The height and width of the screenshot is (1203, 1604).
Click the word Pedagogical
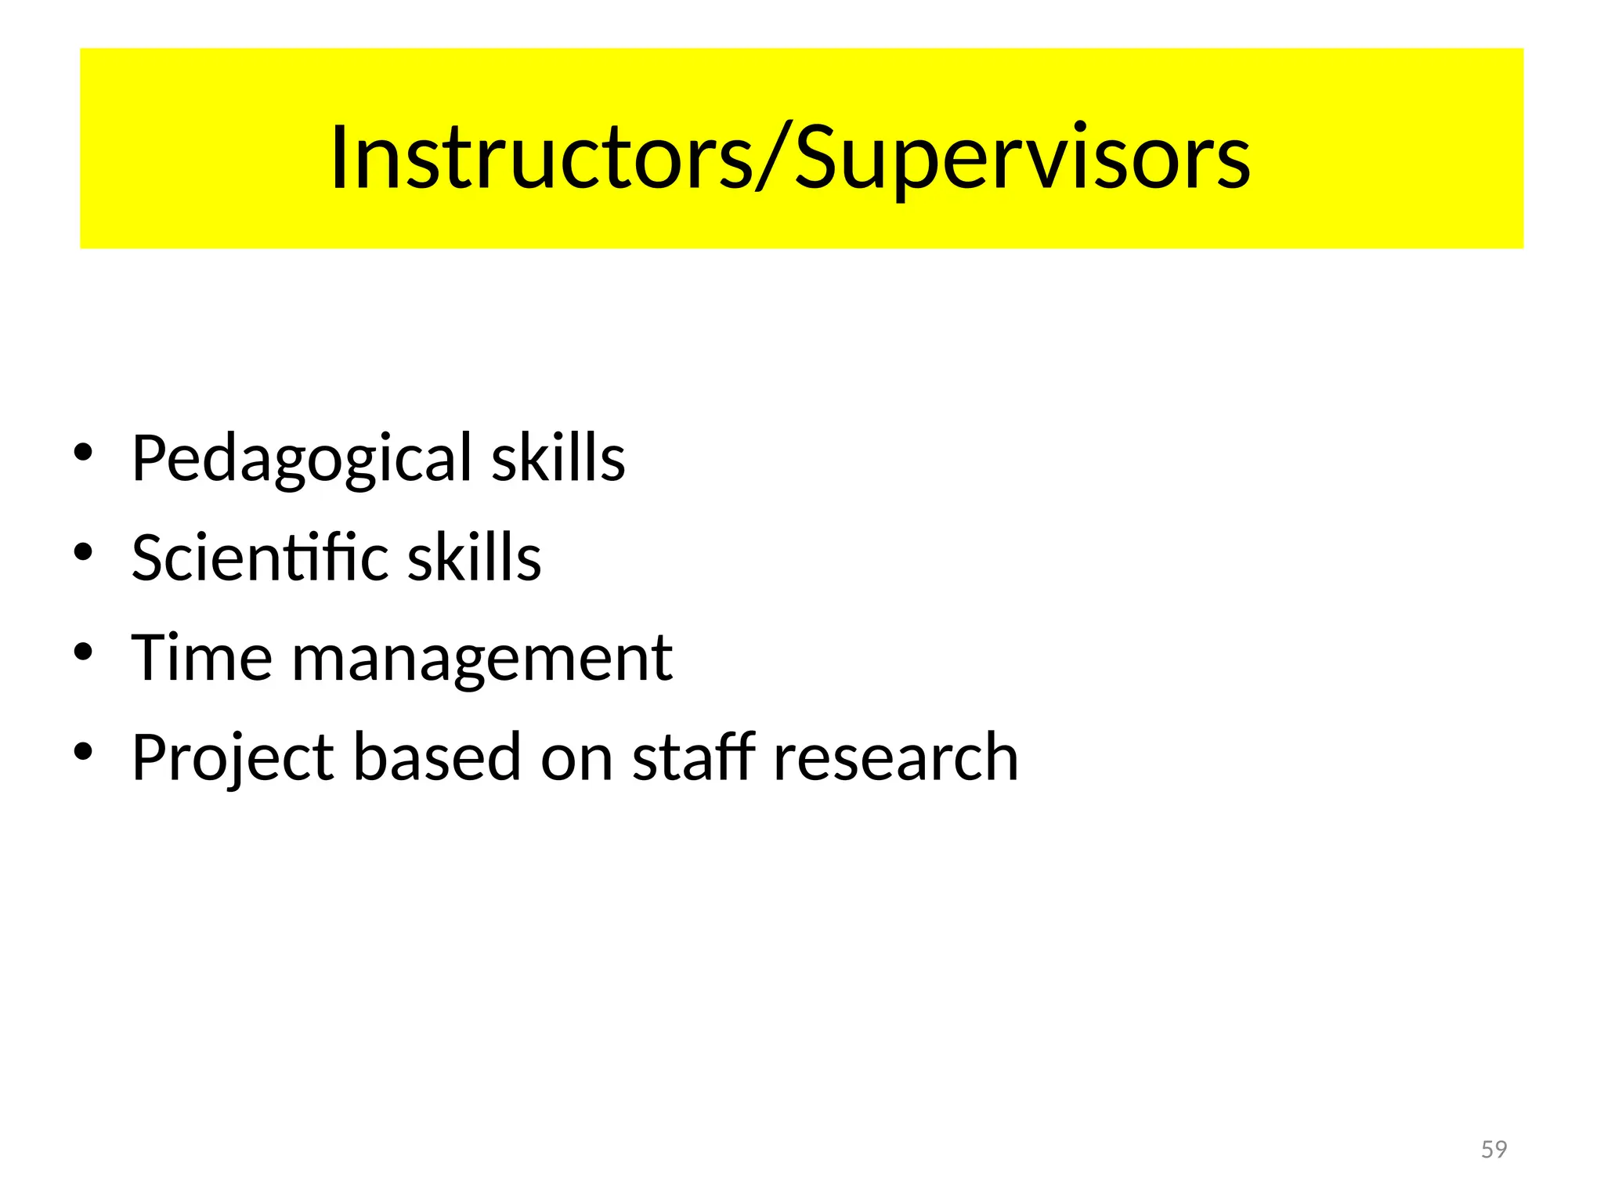tap(302, 459)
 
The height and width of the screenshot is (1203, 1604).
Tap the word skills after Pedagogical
tap(558, 457)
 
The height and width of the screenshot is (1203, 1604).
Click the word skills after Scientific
tap(475, 557)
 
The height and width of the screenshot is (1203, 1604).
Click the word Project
tap(233, 758)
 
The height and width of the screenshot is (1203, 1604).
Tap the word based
tap(437, 757)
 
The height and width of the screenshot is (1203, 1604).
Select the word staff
tap(694, 757)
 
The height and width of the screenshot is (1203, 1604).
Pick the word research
tap(895, 758)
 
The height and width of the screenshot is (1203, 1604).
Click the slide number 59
tap(1494, 1149)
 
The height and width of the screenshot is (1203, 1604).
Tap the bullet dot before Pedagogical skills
tap(83, 453)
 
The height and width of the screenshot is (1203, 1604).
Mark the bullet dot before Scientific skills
tap(83, 553)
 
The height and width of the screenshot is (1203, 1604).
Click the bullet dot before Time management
tap(83, 652)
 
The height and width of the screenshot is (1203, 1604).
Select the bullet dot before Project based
tap(83, 753)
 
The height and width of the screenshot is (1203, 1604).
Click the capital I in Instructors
tap(338, 157)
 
